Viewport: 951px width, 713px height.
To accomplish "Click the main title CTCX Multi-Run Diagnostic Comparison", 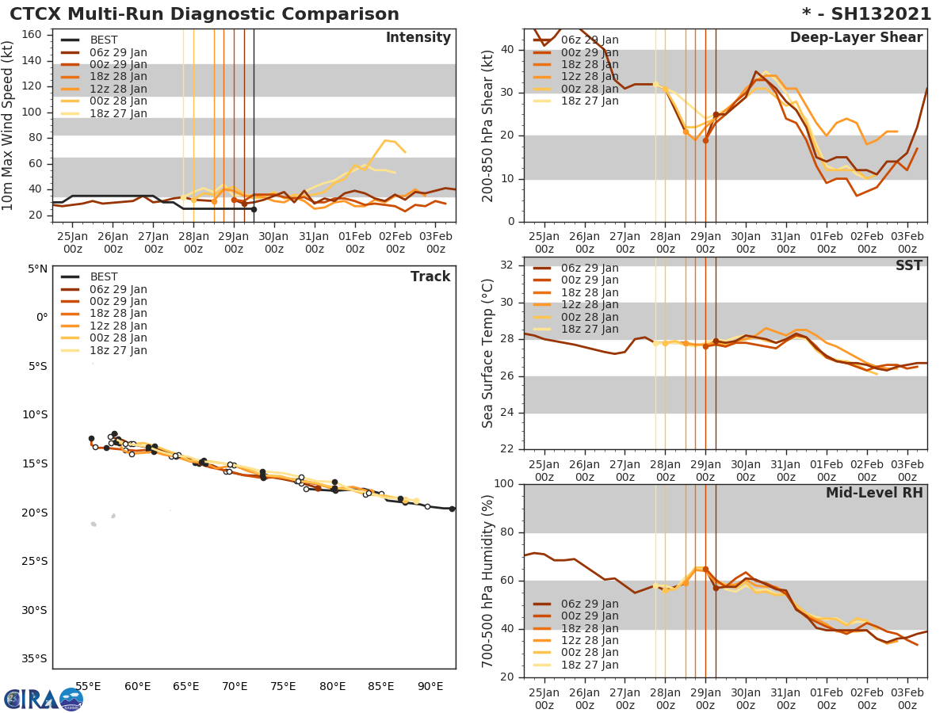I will [x=204, y=14].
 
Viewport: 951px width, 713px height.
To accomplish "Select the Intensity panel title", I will [x=418, y=38].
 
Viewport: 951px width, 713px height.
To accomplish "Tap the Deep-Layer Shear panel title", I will [x=856, y=38].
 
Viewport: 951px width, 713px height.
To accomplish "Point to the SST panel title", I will [x=908, y=266].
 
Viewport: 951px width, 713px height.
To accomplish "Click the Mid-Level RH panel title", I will [x=874, y=494].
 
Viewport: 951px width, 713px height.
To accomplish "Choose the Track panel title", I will [x=430, y=276].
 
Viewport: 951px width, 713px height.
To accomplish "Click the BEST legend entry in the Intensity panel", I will [x=104, y=40].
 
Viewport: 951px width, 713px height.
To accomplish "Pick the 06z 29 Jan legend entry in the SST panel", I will [x=590, y=268].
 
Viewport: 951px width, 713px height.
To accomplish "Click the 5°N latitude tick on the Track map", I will [x=37, y=269].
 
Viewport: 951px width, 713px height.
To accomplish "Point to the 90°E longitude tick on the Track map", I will [x=430, y=686].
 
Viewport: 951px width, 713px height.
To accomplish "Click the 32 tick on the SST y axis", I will [x=508, y=265].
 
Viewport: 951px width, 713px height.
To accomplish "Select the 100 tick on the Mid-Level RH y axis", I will [x=504, y=484].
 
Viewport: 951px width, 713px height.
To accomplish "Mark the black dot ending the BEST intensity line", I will [x=254, y=209].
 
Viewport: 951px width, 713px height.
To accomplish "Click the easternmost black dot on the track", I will [x=452, y=509].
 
